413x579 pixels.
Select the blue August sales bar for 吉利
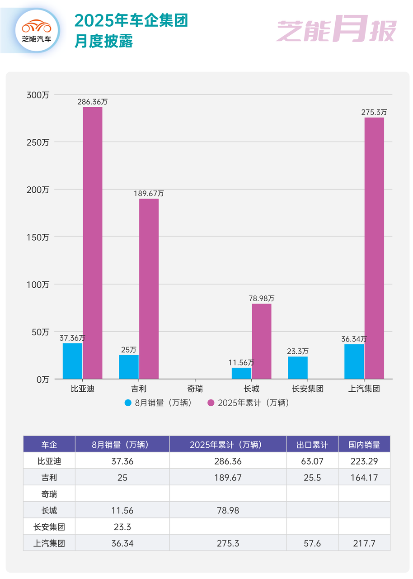click(x=129, y=367)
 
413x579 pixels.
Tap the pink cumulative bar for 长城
click(x=262, y=341)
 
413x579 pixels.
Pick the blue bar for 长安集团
click(x=298, y=368)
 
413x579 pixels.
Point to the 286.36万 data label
click(x=93, y=102)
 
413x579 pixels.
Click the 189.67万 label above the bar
click(x=149, y=194)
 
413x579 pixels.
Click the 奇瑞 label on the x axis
click(x=195, y=389)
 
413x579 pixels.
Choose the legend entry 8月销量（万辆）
click(x=159, y=403)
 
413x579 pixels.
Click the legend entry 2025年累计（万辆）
click(x=248, y=403)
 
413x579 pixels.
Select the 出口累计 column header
click(x=312, y=444)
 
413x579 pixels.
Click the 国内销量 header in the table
click(x=364, y=444)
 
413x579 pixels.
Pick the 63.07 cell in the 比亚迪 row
click(x=312, y=461)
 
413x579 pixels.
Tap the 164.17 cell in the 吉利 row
click(x=364, y=478)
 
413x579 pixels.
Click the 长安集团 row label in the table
click(x=49, y=527)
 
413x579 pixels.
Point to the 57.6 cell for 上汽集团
click(x=312, y=543)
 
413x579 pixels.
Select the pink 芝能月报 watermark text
click(x=336, y=31)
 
